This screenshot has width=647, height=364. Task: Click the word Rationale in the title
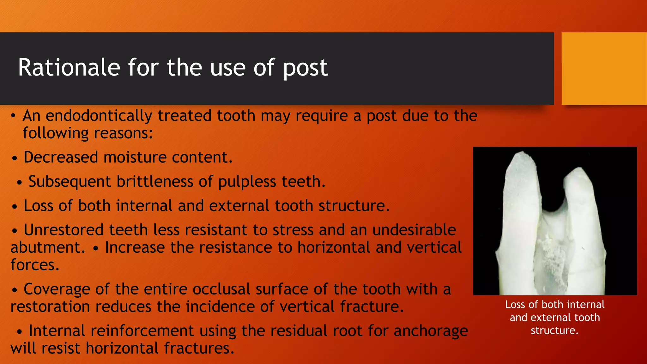pos(69,68)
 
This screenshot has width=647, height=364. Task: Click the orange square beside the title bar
pos(604,69)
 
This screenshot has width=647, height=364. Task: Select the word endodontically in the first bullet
pos(99,116)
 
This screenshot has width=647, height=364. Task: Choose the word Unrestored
pos(63,230)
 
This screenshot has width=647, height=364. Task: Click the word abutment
pos(48,247)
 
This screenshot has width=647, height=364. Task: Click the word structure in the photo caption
pos(554,331)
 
